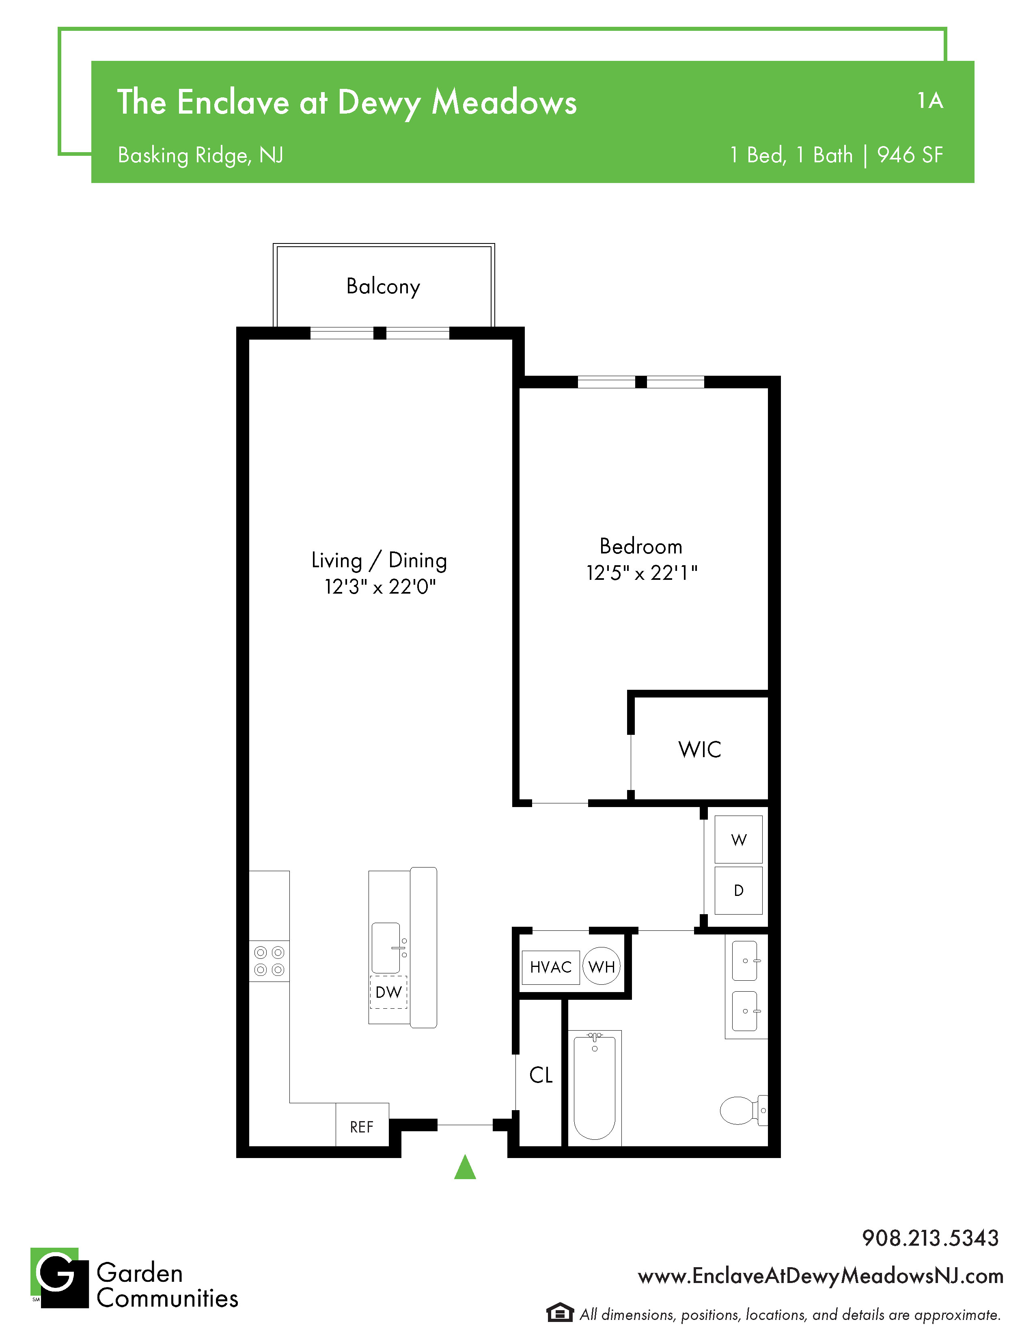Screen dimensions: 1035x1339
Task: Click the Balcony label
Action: (383, 286)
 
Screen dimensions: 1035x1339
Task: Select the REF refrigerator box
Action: (362, 1124)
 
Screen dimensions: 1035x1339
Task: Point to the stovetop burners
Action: (269, 961)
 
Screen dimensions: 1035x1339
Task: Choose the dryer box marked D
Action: (739, 890)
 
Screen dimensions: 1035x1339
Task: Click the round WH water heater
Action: (602, 966)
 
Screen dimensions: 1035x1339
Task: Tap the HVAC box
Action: (551, 967)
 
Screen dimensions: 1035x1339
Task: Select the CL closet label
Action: (541, 1075)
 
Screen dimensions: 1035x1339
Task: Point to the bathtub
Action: (595, 1086)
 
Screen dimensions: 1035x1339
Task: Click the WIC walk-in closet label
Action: (700, 749)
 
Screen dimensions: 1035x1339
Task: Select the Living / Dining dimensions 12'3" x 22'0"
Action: (380, 587)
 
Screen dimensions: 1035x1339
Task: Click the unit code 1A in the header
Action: (930, 101)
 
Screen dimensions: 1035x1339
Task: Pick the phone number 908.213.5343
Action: (930, 1238)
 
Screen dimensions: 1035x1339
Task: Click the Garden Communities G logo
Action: (60, 1278)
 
